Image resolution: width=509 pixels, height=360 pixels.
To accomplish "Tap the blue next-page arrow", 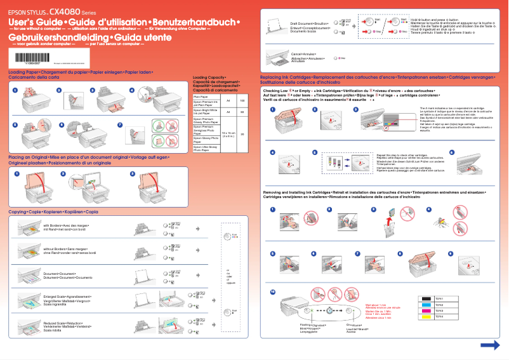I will (489, 345).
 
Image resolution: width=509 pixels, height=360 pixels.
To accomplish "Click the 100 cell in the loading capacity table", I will (242, 102).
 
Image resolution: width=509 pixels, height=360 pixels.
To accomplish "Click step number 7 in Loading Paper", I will (121, 123).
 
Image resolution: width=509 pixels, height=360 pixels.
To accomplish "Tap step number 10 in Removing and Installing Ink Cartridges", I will (273, 291).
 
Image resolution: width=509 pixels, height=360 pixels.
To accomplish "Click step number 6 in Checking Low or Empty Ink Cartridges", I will (451, 152).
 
